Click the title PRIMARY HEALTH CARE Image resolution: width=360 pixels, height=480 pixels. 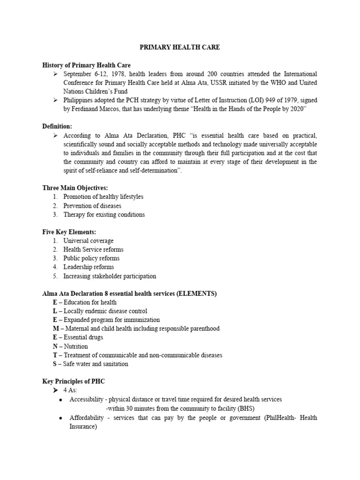click(x=180, y=47)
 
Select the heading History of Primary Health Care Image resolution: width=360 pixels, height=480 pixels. click(x=86, y=65)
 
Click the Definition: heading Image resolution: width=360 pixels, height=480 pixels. click(x=57, y=127)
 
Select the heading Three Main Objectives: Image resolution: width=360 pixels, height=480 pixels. click(x=75, y=188)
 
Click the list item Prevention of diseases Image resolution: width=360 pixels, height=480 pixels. click(x=92, y=206)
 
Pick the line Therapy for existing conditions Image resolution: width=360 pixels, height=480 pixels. click(x=104, y=215)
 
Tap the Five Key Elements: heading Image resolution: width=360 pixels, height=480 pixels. click(x=69, y=232)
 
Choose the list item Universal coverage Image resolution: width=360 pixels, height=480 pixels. click(x=88, y=241)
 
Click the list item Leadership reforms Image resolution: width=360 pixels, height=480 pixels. click(x=89, y=267)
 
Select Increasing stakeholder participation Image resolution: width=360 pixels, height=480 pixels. click(x=110, y=276)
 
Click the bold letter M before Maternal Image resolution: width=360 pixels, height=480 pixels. click(x=55, y=329)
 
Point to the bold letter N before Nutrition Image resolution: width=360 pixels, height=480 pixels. click(x=55, y=346)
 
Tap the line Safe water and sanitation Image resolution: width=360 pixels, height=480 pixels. click(x=96, y=364)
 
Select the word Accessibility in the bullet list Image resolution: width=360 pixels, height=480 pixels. click(x=86, y=399)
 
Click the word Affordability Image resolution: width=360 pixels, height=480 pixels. click(x=87, y=418)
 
